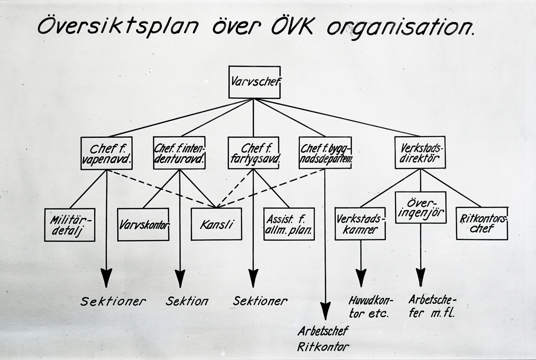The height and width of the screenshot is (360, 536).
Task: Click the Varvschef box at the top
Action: click(254, 82)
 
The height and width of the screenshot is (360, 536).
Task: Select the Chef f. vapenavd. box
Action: click(106, 153)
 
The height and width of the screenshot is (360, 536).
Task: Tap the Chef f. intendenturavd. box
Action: click(179, 153)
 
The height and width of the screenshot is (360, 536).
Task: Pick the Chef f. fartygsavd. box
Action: click(253, 153)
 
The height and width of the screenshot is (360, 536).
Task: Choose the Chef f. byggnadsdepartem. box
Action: click(325, 153)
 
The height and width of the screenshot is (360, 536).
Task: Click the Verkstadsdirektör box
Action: click(420, 152)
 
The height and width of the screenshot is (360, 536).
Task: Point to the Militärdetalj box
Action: click(70, 225)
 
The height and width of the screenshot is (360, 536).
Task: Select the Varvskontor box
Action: click(143, 224)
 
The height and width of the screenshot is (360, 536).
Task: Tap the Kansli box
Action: click(216, 224)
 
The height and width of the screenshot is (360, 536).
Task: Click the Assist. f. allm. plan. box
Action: click(289, 224)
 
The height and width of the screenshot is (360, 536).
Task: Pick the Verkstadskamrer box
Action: click(360, 223)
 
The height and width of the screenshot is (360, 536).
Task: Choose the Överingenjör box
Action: click(420, 207)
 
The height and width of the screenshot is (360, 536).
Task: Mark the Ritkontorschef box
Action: click(482, 223)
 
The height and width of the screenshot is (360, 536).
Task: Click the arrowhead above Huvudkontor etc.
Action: click(361, 277)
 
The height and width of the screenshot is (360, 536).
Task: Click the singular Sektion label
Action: click(187, 301)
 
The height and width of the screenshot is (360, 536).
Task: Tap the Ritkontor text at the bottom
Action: click(323, 346)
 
